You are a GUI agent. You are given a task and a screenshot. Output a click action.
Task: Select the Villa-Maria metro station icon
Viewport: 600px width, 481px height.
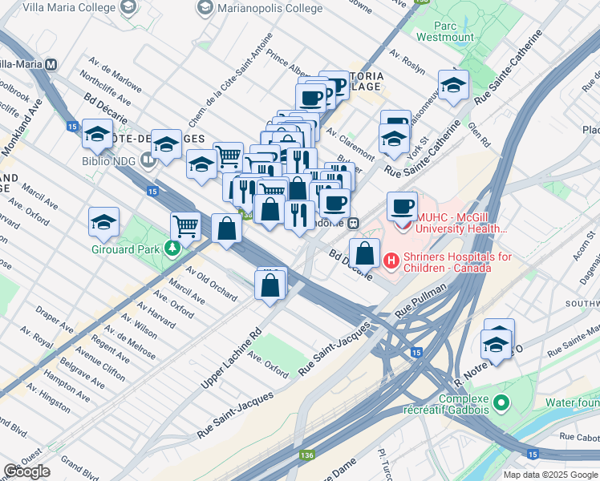(51, 64)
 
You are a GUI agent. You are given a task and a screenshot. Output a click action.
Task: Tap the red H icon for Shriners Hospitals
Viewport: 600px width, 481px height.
(391, 260)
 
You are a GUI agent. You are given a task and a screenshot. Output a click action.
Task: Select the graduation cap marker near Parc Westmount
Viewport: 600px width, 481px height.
(453, 86)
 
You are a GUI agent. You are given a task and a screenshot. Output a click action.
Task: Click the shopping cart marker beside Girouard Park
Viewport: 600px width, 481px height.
(185, 226)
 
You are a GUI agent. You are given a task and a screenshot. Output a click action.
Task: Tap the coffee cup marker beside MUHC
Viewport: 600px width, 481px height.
(402, 207)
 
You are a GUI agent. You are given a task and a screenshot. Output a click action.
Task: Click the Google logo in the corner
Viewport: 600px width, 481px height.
(26, 471)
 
